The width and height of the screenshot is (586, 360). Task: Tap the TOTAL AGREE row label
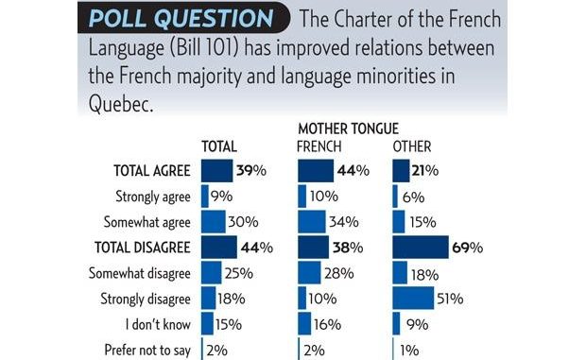click(151, 171)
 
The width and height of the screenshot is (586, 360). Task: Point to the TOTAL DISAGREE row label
click(144, 248)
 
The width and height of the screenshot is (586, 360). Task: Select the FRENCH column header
click(319, 145)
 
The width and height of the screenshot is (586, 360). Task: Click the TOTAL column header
click(219, 145)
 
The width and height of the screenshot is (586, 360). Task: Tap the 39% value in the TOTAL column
click(249, 171)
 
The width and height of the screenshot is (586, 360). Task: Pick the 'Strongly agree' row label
click(154, 197)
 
